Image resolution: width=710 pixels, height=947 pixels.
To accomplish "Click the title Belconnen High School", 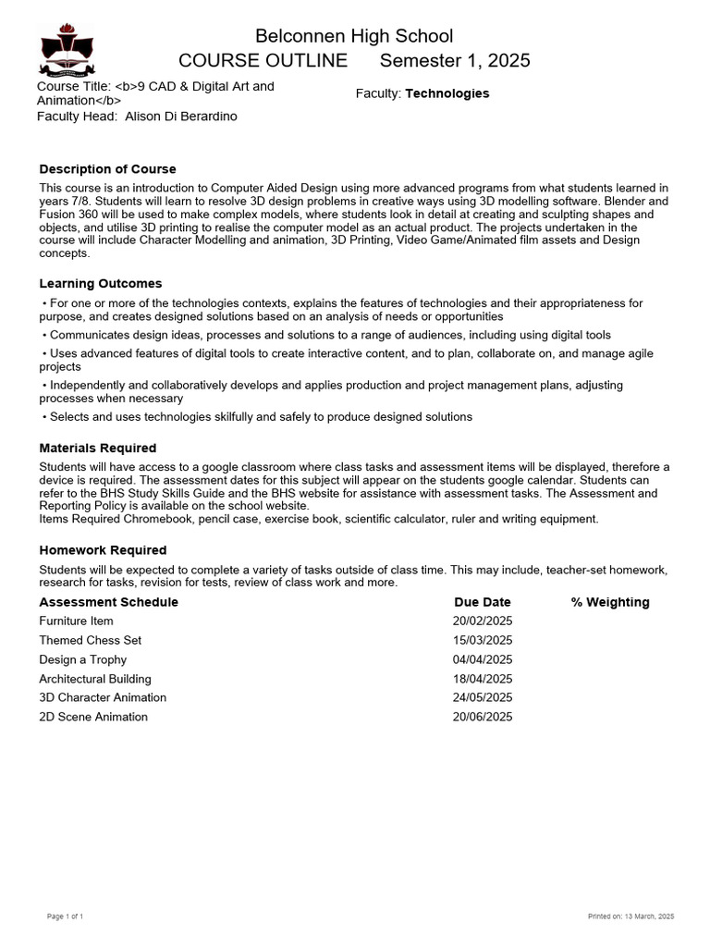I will tap(354, 36).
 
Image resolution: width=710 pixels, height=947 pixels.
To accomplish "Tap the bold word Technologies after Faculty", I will tap(447, 93).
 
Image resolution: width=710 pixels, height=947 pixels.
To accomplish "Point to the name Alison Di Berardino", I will tap(181, 117).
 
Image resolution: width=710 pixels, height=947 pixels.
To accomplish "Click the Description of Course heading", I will tap(107, 169).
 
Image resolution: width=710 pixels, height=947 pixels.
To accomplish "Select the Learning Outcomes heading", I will tap(100, 284).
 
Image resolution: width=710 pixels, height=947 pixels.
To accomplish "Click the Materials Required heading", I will tap(97, 449).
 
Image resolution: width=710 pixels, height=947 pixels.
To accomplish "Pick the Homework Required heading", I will tap(103, 550).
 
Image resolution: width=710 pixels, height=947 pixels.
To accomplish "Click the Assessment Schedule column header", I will tap(108, 602).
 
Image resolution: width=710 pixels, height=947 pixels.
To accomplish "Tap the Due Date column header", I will tap(482, 602).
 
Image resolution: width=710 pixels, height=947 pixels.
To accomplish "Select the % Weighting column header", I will tap(609, 602).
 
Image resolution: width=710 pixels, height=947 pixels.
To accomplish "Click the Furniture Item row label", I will tap(76, 621).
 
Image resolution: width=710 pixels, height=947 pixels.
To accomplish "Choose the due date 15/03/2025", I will tap(482, 640).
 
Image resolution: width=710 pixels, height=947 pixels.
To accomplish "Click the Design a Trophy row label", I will tap(82, 659).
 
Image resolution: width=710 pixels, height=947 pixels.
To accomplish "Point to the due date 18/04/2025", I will tap(482, 679).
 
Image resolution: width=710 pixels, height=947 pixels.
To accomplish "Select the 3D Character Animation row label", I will tap(103, 697).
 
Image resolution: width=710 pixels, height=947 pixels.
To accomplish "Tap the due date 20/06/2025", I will tap(482, 717).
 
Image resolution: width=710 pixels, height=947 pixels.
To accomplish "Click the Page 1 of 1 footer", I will tap(66, 916).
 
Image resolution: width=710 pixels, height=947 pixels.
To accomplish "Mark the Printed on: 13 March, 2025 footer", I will tap(631, 916).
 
